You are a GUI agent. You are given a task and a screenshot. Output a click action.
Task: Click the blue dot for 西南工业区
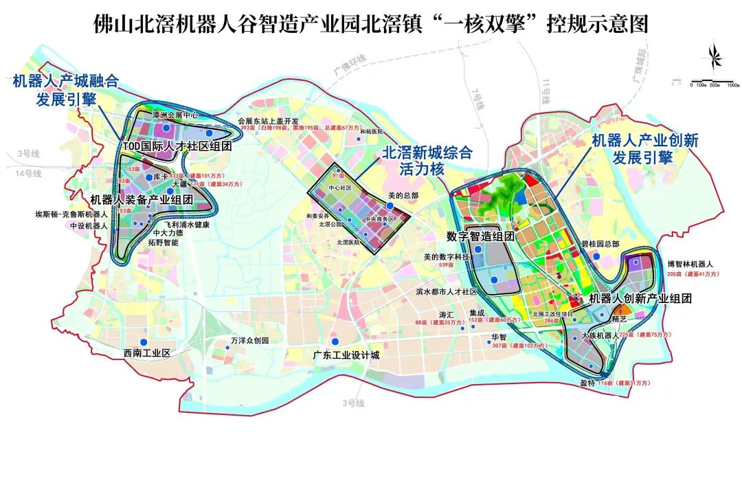coord(144,342)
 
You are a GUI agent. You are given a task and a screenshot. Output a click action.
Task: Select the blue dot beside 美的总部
coord(390,205)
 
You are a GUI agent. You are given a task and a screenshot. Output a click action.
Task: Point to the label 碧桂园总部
coord(600,244)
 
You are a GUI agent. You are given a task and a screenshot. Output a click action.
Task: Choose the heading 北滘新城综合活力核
coord(427,161)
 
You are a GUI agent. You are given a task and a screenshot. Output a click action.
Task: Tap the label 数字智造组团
coord(480,236)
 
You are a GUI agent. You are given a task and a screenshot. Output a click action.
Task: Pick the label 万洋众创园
coord(249,341)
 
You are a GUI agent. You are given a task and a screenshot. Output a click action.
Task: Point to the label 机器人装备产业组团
coord(150,200)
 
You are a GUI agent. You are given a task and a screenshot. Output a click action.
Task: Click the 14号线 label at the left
coord(30,174)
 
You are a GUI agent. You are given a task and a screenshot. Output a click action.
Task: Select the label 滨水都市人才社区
coord(446,292)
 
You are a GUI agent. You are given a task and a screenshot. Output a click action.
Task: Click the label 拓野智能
coord(163,243)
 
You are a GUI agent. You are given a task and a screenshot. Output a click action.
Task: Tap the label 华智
coord(498,337)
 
